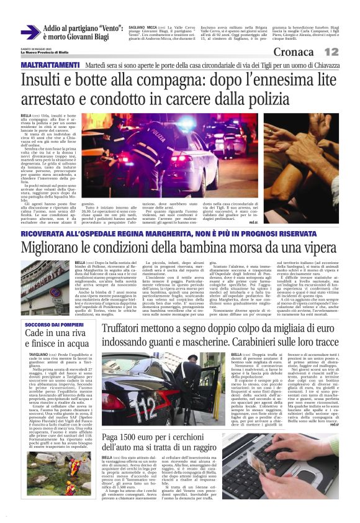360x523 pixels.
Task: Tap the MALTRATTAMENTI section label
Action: coord(51,65)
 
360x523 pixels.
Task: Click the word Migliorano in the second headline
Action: coord(56,248)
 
